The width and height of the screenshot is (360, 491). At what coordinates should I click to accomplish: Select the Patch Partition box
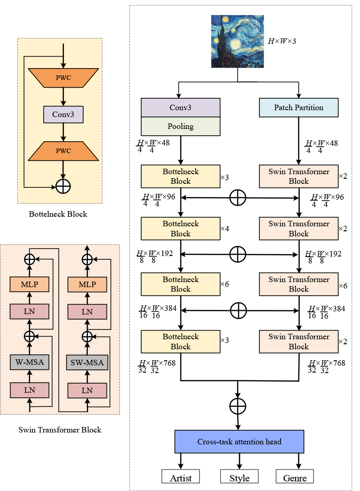(299, 107)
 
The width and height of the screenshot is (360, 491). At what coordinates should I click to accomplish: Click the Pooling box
(180, 126)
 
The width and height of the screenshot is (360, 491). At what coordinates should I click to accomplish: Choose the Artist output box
(180, 478)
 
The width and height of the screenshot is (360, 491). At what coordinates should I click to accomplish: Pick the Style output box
(239, 478)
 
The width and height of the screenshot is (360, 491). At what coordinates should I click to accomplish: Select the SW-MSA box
(87, 363)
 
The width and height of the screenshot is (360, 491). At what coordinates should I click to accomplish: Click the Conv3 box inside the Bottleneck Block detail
(64, 114)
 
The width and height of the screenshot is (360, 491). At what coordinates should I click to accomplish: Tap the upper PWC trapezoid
(64, 78)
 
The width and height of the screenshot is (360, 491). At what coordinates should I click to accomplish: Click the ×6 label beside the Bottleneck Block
(224, 284)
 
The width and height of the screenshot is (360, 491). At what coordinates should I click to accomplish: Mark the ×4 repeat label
(224, 228)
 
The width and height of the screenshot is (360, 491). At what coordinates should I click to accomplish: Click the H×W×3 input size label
(282, 41)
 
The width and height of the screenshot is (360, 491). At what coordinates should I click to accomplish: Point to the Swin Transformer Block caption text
(60, 430)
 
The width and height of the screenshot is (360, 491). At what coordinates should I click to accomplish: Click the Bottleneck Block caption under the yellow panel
(58, 214)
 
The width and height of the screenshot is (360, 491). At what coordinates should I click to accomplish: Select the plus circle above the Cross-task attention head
(238, 406)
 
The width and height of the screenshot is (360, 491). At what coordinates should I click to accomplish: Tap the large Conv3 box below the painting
(180, 107)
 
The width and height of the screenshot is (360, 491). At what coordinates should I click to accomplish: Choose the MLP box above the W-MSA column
(30, 284)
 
